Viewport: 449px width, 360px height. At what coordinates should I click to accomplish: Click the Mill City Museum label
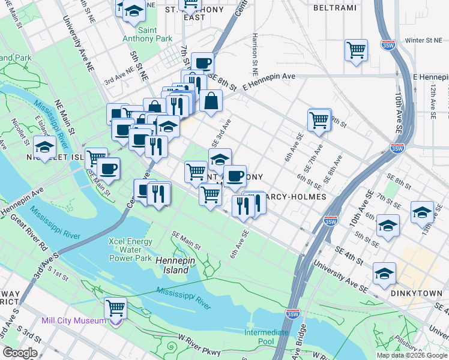pos(74,320)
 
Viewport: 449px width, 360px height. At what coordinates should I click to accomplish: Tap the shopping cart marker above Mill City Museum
pos(115,308)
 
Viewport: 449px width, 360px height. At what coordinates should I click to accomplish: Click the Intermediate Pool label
pos(267,337)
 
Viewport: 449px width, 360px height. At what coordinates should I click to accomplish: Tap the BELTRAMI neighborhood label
pos(334,8)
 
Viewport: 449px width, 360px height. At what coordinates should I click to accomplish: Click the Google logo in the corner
pos(20,353)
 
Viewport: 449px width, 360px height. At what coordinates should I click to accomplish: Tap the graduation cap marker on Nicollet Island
pos(44,146)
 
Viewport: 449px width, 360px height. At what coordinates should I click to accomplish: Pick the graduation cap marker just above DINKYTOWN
pos(384,273)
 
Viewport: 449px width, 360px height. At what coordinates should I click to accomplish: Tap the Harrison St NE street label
pos(256,50)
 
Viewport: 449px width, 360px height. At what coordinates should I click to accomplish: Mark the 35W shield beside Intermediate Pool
pos(292,313)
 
